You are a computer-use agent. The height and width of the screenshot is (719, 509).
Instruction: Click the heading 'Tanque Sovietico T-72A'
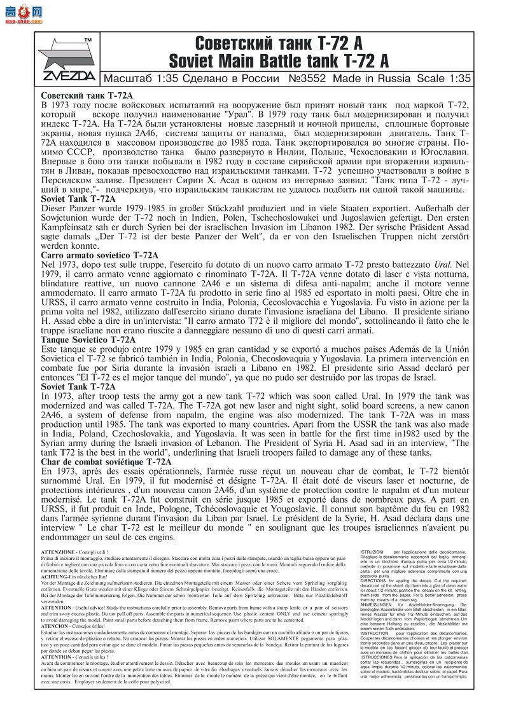88,340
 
